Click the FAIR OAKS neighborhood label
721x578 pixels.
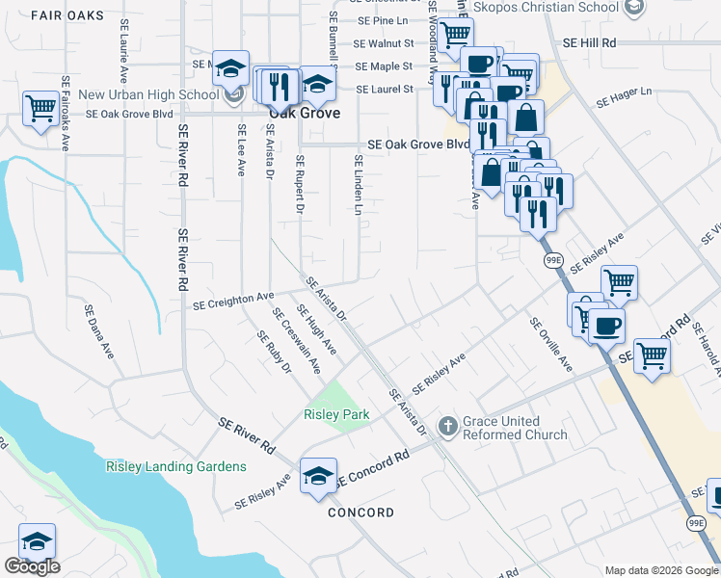pyautogui.click(x=68, y=15)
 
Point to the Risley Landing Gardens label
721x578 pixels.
pyautogui.click(x=175, y=466)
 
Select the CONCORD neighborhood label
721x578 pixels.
pyautogui.click(x=360, y=512)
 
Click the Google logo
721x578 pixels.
pyautogui.click(x=32, y=566)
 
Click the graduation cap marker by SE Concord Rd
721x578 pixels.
pyautogui.click(x=318, y=476)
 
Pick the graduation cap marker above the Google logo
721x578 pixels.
pyautogui.click(x=37, y=540)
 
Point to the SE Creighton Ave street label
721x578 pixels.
pyautogui.click(x=233, y=301)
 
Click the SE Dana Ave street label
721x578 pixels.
pyautogui.click(x=99, y=332)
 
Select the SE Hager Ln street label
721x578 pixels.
pyautogui.click(x=624, y=97)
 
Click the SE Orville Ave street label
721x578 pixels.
pyautogui.click(x=550, y=345)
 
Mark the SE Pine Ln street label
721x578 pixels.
pyautogui.click(x=383, y=19)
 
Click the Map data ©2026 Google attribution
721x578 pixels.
pyautogui.click(x=660, y=570)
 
